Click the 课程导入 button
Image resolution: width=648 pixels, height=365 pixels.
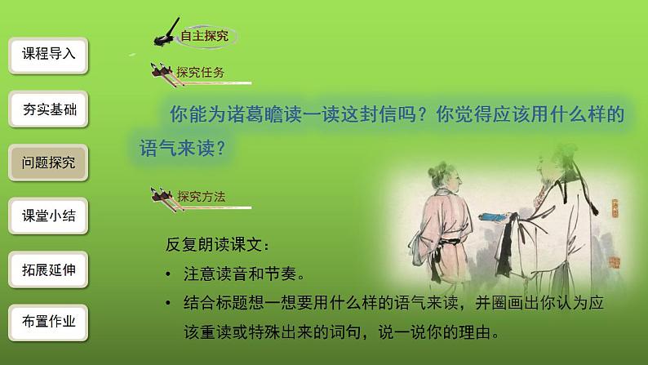point(48,55)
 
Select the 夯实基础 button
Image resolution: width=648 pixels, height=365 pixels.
point(48,109)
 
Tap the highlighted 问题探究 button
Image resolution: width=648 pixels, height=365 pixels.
point(48,162)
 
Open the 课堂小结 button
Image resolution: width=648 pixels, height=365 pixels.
point(48,216)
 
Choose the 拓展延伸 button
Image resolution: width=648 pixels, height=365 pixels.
point(48,269)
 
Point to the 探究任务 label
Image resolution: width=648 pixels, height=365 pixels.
point(201,72)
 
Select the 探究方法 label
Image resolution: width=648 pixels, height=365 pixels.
point(201,196)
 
